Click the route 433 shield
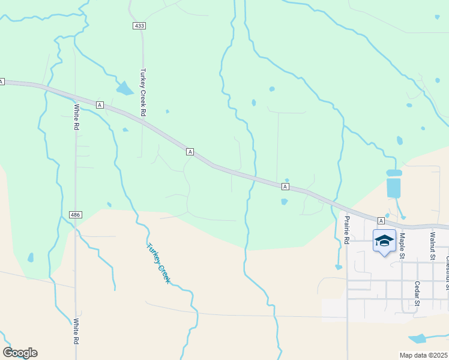[139, 26]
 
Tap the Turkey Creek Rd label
[143, 92]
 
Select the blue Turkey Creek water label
[158, 263]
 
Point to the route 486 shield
[75, 215]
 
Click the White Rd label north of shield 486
[76, 118]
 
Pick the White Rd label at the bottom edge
[76, 331]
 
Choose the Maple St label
[402, 246]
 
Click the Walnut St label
[431, 246]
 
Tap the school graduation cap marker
[384, 241]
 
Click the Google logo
[20, 353]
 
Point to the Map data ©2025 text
[424, 355]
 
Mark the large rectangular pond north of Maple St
[394, 187]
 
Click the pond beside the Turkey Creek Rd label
[125, 89]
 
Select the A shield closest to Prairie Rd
[381, 221]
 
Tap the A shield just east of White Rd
[100, 105]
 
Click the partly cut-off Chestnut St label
[447, 264]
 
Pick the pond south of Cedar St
[418, 338]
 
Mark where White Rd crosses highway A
[75, 98]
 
